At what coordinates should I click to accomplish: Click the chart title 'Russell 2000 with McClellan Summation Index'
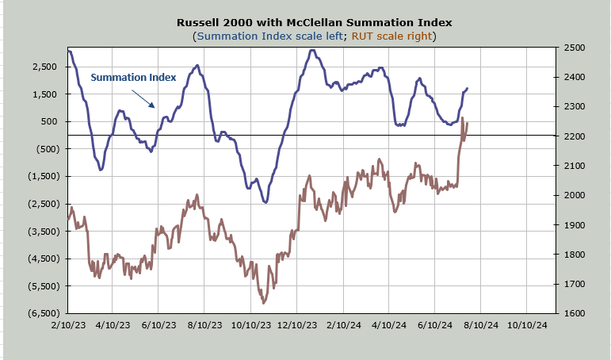314,23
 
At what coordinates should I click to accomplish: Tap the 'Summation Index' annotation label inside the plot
133,78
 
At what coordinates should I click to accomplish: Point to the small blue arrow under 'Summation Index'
143,98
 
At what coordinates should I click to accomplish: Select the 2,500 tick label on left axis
45,67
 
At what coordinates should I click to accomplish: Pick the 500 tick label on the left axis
49,121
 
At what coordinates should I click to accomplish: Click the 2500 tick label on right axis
575,48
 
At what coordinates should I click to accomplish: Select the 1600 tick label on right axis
575,313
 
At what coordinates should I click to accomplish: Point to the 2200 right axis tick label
575,136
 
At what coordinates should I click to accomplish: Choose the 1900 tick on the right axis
575,225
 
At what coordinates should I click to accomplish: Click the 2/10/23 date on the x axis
68,325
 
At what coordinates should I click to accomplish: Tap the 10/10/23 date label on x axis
251,325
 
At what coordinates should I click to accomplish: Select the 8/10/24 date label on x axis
481,325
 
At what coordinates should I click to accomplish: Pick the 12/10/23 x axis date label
297,325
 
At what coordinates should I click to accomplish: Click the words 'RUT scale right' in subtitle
391,36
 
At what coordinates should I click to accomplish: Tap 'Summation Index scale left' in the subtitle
270,36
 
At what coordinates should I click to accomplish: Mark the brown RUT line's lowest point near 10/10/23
264,303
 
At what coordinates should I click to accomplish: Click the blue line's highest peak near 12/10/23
312,50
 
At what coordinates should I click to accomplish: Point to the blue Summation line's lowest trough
265,202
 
